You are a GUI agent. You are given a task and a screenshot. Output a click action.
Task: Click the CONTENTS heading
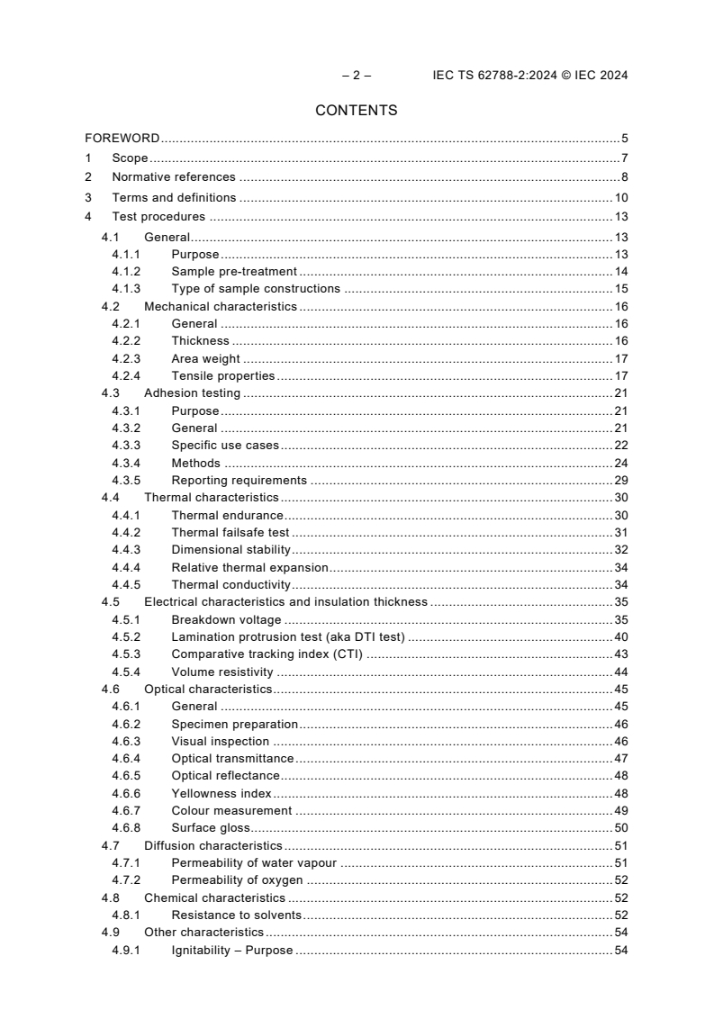pos(357,111)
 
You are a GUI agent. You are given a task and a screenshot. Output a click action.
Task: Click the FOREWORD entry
pos(122,139)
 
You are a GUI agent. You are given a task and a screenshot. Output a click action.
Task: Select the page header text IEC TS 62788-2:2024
pos(491,76)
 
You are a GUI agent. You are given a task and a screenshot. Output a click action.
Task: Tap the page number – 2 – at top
pos(357,76)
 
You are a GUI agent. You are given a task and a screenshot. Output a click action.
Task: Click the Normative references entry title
pos(174,177)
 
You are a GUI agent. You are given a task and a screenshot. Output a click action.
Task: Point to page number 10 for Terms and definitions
pos(621,197)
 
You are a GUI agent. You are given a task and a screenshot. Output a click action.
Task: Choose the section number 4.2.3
pos(125,358)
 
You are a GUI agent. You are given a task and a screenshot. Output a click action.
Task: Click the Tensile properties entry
pos(223,375)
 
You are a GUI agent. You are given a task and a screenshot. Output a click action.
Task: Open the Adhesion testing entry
pos(192,393)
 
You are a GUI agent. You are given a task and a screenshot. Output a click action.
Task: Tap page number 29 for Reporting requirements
pos(621,481)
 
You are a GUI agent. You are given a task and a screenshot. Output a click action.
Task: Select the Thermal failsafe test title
pos(230,533)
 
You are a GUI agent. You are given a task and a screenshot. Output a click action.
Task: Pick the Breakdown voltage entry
pos(226,619)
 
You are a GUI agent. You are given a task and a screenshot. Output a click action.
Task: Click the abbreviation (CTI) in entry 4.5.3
pos(345,654)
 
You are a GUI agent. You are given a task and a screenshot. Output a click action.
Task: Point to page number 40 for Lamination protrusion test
pos(621,637)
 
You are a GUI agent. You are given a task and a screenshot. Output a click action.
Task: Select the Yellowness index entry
pos(221,794)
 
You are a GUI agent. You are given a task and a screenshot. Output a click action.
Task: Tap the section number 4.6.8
pos(125,828)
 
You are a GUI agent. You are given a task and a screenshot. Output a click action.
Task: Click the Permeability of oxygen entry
pos(237,880)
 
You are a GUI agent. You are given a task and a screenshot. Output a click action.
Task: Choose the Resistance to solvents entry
pos(236,915)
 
